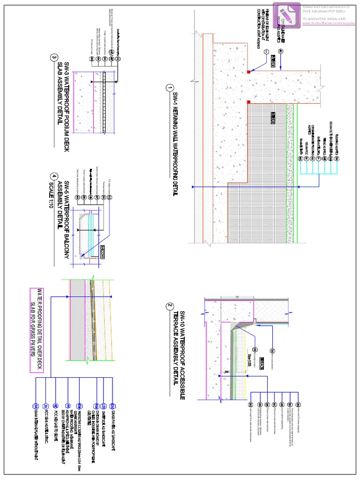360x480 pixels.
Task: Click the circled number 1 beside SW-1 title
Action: click(x=170, y=88)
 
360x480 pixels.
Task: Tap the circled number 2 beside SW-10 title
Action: click(x=170, y=307)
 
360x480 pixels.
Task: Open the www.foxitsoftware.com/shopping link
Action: click(x=329, y=22)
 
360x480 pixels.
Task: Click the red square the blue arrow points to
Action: click(x=248, y=72)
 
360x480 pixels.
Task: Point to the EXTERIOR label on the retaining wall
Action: click(x=273, y=58)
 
